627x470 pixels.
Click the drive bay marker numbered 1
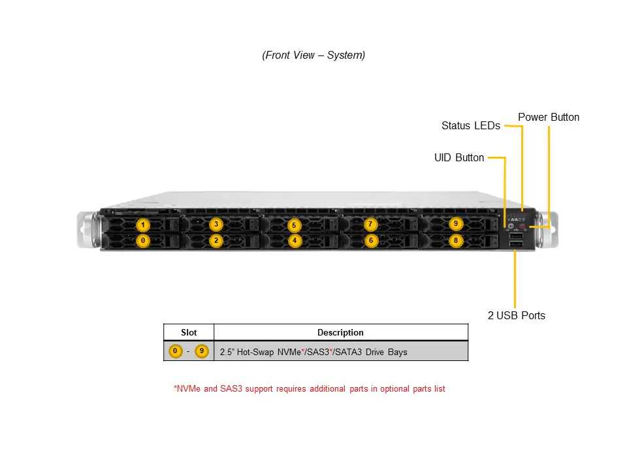pyautogui.click(x=143, y=225)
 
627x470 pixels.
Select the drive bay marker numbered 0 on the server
pyautogui.click(x=143, y=241)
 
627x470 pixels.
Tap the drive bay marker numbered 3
pyautogui.click(x=216, y=225)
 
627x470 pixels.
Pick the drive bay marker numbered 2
pyautogui.click(x=216, y=241)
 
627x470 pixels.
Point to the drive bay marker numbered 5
pyautogui.click(x=295, y=225)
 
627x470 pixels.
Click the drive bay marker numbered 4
pyautogui.click(x=295, y=241)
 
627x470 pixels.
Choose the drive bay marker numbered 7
pyautogui.click(x=370, y=225)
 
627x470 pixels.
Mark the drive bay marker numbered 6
pyautogui.click(x=370, y=241)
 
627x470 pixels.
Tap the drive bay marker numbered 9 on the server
pyautogui.click(x=456, y=224)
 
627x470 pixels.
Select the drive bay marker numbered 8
pyautogui.click(x=456, y=241)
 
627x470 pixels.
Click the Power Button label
pyautogui.click(x=549, y=117)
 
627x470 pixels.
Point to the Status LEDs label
pyautogui.click(x=470, y=125)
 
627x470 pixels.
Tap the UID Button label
pyautogui.click(x=459, y=158)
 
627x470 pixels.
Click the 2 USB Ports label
pyautogui.click(x=516, y=316)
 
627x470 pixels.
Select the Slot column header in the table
pyautogui.click(x=189, y=333)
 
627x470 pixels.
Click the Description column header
pyautogui.click(x=340, y=333)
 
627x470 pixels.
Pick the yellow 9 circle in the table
pyautogui.click(x=201, y=352)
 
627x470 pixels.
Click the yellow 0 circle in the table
pyautogui.click(x=175, y=352)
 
